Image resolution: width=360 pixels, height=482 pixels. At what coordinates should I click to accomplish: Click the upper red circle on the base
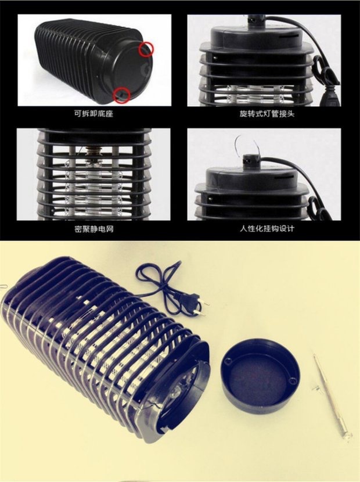pyautogui.click(x=146, y=49)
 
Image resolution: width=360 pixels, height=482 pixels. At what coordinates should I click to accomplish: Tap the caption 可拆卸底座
pyautogui.click(x=93, y=113)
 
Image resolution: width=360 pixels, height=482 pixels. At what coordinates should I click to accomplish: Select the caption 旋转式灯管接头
pyautogui.click(x=267, y=113)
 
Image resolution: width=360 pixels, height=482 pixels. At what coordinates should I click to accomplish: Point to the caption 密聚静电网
pyautogui.click(x=93, y=228)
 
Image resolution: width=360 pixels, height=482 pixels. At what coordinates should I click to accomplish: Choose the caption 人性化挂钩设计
pyautogui.click(x=267, y=228)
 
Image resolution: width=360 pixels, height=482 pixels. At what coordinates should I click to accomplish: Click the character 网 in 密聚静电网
pyautogui.click(x=110, y=228)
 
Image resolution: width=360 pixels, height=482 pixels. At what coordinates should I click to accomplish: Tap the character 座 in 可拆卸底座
pyautogui.click(x=110, y=113)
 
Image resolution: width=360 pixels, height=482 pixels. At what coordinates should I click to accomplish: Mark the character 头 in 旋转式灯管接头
pyautogui.click(x=291, y=113)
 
